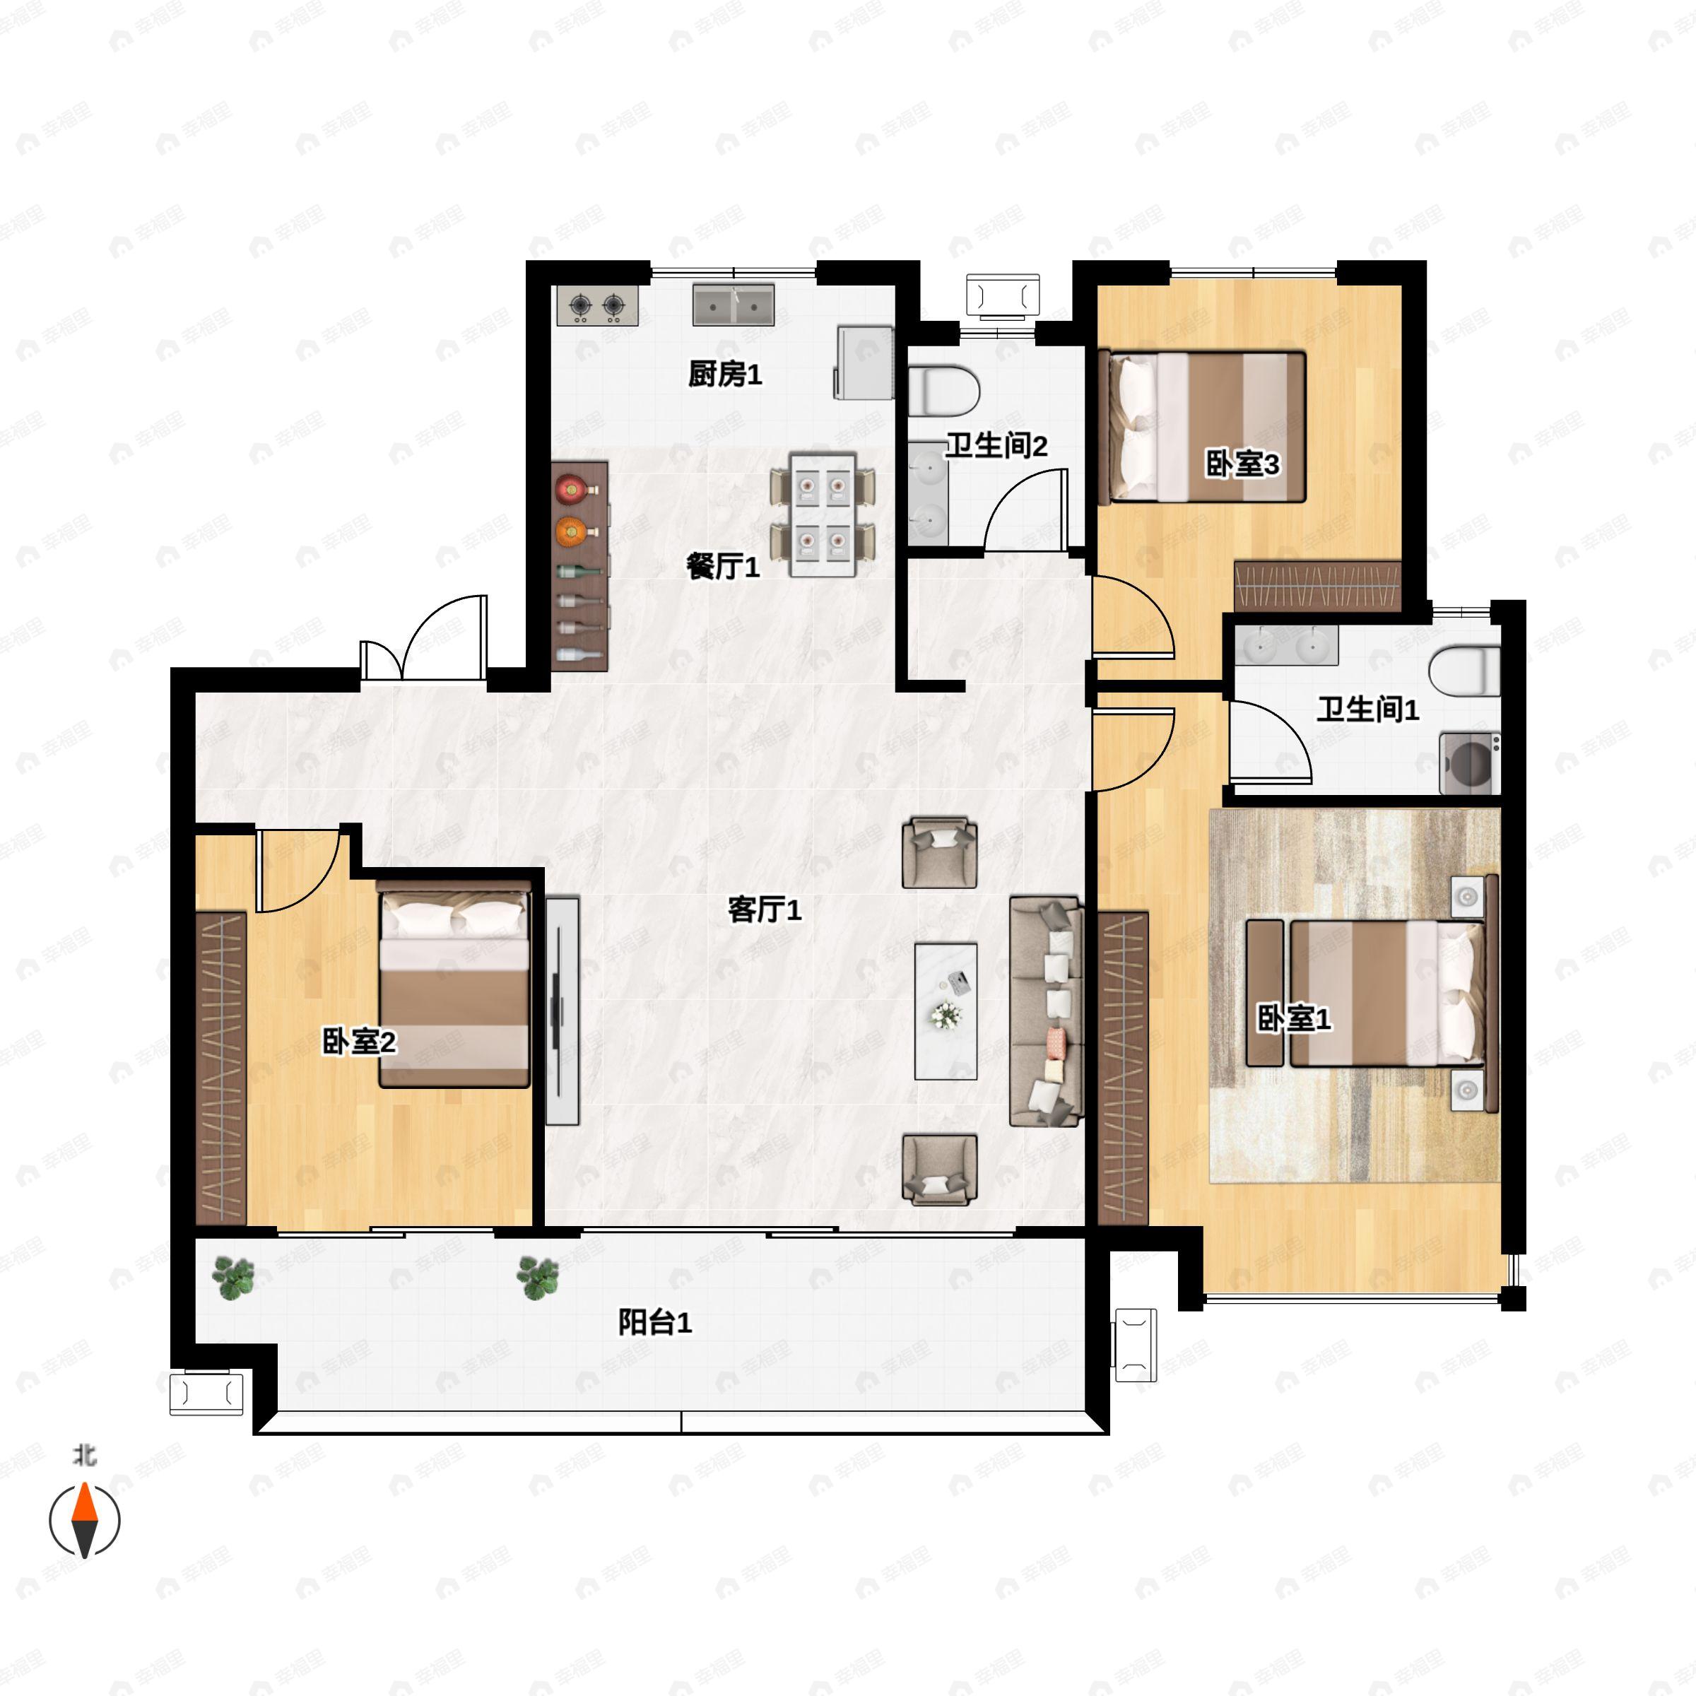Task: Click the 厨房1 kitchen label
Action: pyautogui.click(x=724, y=375)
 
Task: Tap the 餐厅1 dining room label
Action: pyautogui.click(x=722, y=567)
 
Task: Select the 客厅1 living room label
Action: pyautogui.click(x=765, y=909)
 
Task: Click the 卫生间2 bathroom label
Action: pyautogui.click(x=996, y=446)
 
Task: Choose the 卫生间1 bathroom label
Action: pyautogui.click(x=1367, y=709)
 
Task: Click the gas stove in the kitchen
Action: pyautogui.click(x=597, y=305)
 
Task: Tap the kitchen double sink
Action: pyautogui.click(x=733, y=305)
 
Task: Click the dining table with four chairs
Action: pyautogui.click(x=823, y=514)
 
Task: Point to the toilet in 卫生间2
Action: pyautogui.click(x=943, y=391)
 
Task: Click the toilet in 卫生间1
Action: pyautogui.click(x=1464, y=671)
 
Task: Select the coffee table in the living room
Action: pyautogui.click(x=946, y=1011)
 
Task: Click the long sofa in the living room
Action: pyautogui.click(x=1044, y=1011)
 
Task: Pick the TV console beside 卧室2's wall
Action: pyautogui.click(x=563, y=1011)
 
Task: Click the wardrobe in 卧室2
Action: pyautogui.click(x=220, y=1068)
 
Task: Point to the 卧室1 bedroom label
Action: pyautogui.click(x=1294, y=1018)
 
